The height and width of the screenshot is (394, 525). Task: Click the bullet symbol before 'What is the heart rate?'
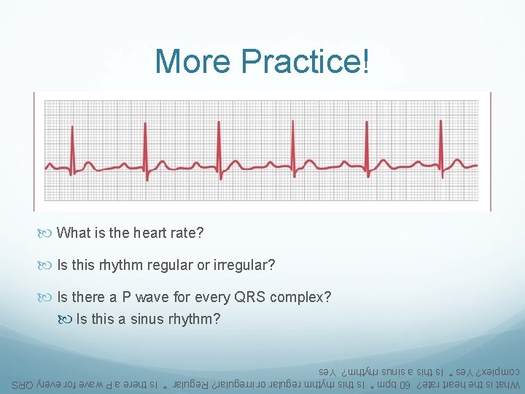point(49,233)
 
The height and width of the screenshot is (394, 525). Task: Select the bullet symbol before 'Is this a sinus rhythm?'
point(68,320)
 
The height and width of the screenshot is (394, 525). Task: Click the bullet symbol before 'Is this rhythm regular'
point(49,265)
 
